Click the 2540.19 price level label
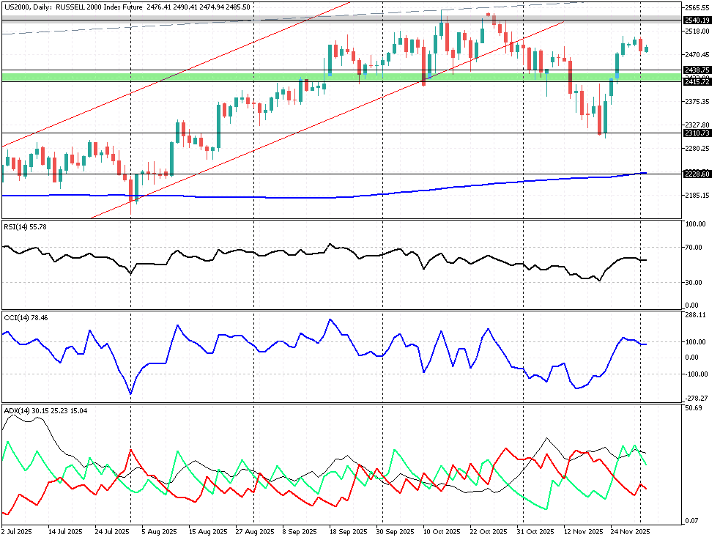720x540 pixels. point(697,21)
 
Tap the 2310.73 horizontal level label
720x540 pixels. point(697,133)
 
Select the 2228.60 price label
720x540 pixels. point(697,174)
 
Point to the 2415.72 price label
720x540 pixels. point(697,81)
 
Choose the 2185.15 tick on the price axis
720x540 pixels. point(697,196)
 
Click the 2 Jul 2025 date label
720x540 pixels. point(17,531)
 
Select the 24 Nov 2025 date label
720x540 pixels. point(631,531)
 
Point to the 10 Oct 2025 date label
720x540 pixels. point(442,531)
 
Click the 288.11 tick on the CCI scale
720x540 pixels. point(695,315)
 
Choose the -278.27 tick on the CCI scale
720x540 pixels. point(695,399)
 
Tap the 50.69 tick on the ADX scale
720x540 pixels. point(693,407)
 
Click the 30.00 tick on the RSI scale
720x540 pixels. point(695,282)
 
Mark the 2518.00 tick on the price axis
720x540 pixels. point(697,32)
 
